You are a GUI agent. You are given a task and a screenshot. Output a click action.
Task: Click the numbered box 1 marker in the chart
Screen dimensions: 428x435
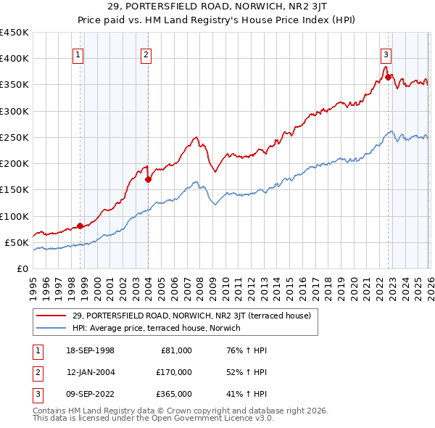pyautogui.click(x=78, y=53)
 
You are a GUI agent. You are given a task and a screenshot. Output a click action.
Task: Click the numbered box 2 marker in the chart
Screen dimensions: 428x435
pyautogui.click(x=146, y=53)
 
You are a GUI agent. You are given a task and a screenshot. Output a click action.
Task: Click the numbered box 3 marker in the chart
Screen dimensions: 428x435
pyautogui.click(x=386, y=53)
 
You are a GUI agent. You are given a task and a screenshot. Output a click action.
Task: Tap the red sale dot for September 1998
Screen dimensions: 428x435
pyautogui.click(x=80, y=226)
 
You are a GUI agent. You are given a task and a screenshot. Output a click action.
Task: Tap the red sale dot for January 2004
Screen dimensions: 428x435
pyautogui.click(x=148, y=179)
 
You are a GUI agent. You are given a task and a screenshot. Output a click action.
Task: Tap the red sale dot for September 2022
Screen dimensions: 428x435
pyautogui.click(x=389, y=77)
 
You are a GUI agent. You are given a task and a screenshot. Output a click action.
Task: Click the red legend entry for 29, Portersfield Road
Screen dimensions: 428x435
pyautogui.click(x=191, y=316)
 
